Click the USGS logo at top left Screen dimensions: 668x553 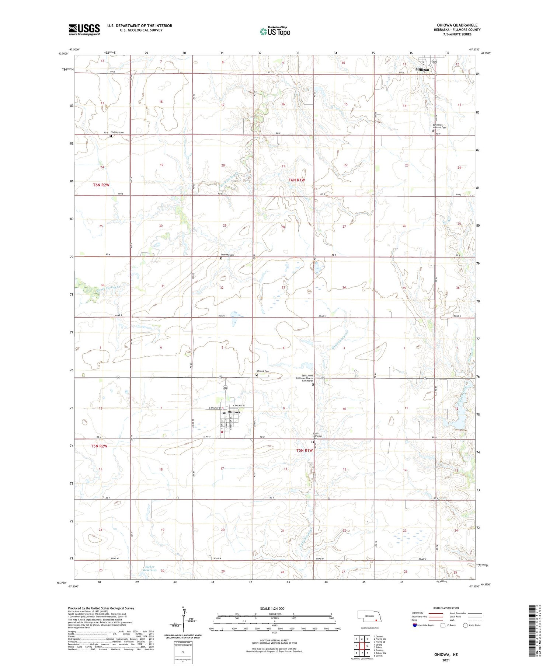tap(84, 29)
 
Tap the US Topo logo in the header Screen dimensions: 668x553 tap(275, 31)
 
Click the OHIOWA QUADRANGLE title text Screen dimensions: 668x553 tap(457, 25)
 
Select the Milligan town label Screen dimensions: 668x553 tap(422, 70)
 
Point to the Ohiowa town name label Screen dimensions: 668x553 tap(234, 412)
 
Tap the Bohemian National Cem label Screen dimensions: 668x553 tap(439, 126)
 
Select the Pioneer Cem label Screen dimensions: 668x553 tap(227, 255)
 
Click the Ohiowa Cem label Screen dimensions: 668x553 tap(263, 371)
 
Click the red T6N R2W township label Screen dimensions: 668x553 tap(101, 185)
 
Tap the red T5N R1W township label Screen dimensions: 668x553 tap(304, 450)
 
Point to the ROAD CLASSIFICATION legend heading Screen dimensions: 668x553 tap(446, 608)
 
